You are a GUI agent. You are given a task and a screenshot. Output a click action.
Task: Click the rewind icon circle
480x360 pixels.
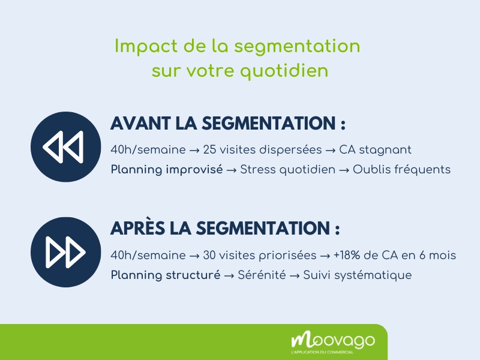65,147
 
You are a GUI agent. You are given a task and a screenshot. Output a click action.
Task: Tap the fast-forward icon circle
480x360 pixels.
65,252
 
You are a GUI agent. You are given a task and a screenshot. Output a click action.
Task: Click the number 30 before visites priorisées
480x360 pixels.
210,256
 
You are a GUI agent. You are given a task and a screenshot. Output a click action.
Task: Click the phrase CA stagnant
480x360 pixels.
375,149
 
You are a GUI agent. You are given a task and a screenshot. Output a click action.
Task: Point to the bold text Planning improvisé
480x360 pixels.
166,169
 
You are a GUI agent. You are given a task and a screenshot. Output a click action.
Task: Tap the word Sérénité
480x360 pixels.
262,275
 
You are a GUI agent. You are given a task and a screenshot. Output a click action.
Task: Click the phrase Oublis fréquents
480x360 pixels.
401,169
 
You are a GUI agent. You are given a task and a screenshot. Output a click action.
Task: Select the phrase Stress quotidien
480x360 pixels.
287,169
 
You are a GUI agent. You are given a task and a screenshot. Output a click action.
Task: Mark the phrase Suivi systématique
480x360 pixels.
358,275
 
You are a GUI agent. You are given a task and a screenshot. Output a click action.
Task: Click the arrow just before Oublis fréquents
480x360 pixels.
344,169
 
